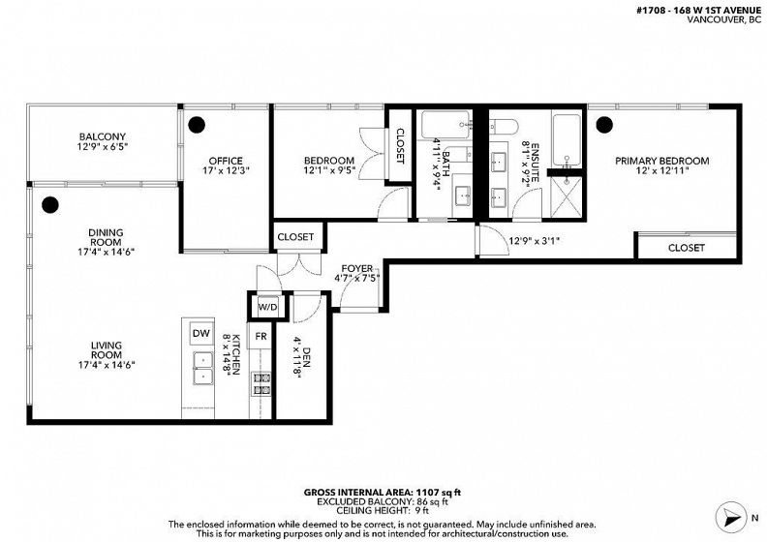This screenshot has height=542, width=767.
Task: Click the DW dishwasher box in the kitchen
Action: [x=201, y=333]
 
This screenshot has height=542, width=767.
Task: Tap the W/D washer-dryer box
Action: [x=267, y=307]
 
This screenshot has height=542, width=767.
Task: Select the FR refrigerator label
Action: [x=261, y=336]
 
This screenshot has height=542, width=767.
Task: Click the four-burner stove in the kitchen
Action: [x=261, y=383]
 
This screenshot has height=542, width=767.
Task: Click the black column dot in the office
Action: [x=197, y=125]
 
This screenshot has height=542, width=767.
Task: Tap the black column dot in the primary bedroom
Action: [x=604, y=125]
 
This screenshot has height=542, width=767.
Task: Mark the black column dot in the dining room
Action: [x=50, y=205]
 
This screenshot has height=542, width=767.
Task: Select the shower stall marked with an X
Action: [x=567, y=196]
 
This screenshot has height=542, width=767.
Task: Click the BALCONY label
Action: [x=103, y=136]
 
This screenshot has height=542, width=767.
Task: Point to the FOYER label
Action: [x=357, y=269]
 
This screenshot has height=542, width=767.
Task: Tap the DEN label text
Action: [x=307, y=358]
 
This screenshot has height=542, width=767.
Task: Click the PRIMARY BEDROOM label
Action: [x=661, y=161]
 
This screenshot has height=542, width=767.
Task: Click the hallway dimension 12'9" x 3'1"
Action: [x=534, y=240]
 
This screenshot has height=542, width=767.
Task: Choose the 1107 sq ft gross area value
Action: [x=439, y=492]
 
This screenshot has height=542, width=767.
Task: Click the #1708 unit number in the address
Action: [x=651, y=10]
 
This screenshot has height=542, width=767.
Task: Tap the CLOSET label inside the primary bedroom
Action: [x=687, y=248]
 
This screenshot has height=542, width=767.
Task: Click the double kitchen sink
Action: [x=202, y=368]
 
